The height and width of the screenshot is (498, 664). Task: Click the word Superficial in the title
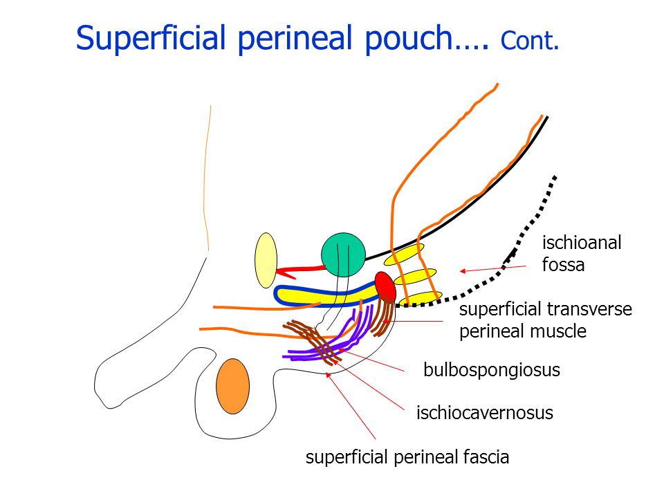click(x=150, y=38)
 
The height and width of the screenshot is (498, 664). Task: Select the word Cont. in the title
click(x=530, y=41)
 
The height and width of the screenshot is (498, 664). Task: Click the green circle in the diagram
click(x=343, y=255)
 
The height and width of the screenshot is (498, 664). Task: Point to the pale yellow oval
click(x=266, y=261)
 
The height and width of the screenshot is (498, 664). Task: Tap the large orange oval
click(x=232, y=386)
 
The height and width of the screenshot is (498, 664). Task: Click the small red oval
click(x=385, y=287)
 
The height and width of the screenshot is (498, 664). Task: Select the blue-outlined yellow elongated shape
click(x=326, y=295)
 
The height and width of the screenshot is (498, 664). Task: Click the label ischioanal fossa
click(x=582, y=254)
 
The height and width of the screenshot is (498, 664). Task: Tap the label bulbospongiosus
click(x=492, y=370)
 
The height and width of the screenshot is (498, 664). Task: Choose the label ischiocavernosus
click(x=485, y=412)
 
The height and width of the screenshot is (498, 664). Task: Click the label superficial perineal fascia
click(x=407, y=457)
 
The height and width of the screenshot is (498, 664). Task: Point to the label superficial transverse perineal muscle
click(x=546, y=320)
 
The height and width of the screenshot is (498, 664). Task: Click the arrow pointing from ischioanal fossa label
click(x=493, y=268)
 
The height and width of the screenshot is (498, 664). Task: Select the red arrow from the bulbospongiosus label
click(x=371, y=360)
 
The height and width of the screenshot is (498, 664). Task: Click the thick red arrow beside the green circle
click(x=299, y=271)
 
